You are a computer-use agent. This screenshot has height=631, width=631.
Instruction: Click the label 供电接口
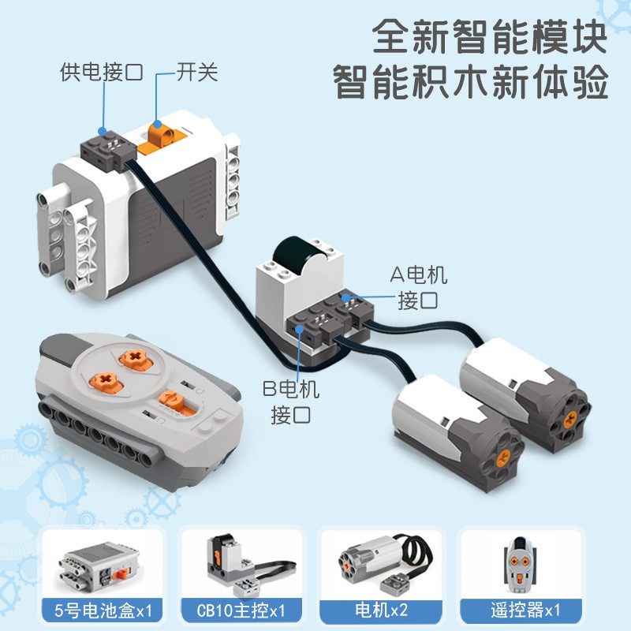(101, 73)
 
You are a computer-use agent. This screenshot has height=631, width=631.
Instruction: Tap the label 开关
(196, 73)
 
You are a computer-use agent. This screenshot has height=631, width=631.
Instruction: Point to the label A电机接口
(419, 287)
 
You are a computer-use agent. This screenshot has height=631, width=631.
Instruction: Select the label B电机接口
(293, 402)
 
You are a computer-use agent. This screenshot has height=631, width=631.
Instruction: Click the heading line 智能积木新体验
(471, 82)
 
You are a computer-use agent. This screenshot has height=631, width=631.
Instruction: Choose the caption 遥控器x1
(521, 610)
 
